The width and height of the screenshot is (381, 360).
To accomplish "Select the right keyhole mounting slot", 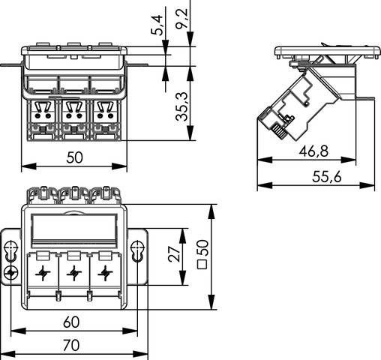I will (136, 248).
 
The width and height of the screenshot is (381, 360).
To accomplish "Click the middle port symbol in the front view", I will (73, 272).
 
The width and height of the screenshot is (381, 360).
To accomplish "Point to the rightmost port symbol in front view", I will (104, 272).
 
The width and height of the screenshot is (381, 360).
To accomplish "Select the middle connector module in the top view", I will (73, 116).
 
